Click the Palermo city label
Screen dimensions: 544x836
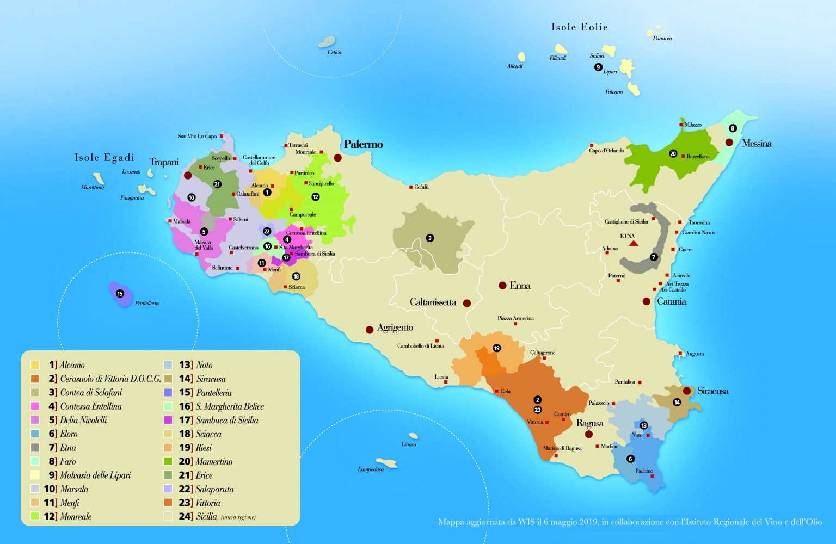363,145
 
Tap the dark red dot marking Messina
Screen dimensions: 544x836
729,143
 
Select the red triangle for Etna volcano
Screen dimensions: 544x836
634,243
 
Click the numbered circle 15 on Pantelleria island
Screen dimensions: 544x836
120,294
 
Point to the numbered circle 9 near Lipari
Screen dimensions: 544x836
598,67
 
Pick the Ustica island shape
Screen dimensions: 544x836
328,42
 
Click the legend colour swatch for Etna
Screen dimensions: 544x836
35,448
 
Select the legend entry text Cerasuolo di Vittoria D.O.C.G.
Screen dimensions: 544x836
110,379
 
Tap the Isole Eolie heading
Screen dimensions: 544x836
579,27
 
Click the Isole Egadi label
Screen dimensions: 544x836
104,158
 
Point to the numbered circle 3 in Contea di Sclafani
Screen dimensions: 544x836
429,238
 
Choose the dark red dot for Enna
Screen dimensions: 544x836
502,286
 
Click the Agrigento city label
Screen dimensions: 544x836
395,328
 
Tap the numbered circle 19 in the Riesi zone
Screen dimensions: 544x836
496,348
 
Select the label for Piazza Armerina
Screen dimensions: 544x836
515,318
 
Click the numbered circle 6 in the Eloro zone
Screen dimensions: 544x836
630,459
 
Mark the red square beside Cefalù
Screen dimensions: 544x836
411,187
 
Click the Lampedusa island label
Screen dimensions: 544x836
370,469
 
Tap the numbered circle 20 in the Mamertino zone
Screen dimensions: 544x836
673,154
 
